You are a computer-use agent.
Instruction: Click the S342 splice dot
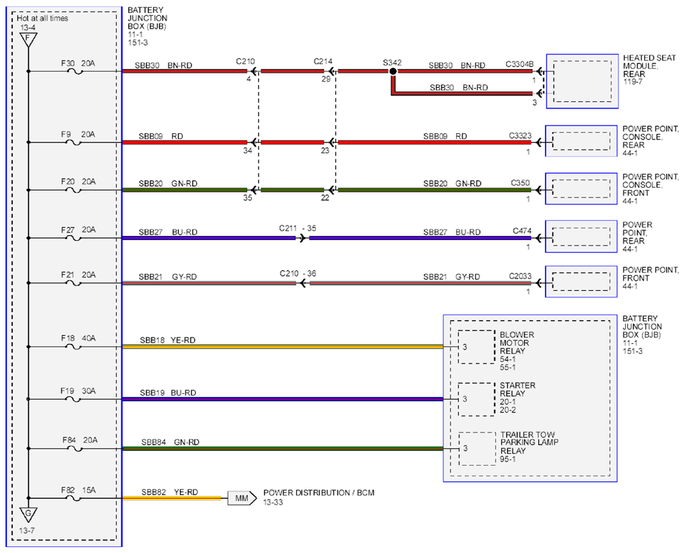pos(393,71)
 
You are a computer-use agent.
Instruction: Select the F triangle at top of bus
pos(28,40)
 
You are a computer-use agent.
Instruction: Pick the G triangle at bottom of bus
pos(28,515)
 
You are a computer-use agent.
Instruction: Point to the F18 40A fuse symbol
pos(73,347)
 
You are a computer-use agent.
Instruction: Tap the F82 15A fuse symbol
pos(73,498)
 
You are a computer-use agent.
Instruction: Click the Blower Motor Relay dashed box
pos(477,347)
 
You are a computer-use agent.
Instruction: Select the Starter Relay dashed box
pos(477,399)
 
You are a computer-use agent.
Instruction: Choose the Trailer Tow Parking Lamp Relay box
pos(477,449)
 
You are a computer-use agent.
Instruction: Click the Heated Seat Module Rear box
pos(582,81)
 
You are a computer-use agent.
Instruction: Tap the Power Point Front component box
pos(581,282)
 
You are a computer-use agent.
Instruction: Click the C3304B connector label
pos(519,64)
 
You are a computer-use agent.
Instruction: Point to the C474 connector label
pos(522,231)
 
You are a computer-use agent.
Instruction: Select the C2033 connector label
pos(521,276)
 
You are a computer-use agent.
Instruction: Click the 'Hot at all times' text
pos(42,18)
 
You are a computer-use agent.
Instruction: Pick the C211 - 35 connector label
pos(297,229)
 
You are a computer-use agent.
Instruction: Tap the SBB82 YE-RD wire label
pos(169,492)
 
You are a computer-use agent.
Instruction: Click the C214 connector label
pos(323,62)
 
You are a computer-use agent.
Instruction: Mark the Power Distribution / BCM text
pos(319,493)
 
